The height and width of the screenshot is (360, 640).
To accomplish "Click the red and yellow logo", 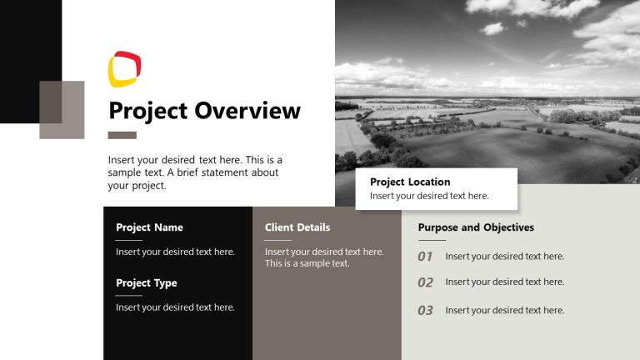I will click(x=125, y=70).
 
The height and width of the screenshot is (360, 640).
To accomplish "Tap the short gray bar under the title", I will click(x=122, y=135).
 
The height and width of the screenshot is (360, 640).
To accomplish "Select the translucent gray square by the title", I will click(x=62, y=109).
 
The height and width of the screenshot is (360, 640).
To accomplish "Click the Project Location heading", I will click(x=410, y=182).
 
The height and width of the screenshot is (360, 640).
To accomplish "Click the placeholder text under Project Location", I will click(x=429, y=196).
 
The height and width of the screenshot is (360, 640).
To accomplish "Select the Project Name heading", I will click(x=149, y=227).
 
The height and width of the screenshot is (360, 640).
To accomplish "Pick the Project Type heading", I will click(x=147, y=283).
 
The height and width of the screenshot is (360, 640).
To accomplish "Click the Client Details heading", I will click(x=297, y=227).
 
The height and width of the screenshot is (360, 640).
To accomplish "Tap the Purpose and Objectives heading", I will click(x=476, y=227).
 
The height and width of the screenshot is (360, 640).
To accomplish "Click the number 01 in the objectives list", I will click(x=425, y=257).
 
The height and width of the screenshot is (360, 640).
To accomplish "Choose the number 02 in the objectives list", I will click(x=425, y=282).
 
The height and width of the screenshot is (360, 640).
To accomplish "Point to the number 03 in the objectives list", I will click(x=425, y=310).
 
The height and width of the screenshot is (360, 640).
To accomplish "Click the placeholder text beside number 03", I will click(x=505, y=310).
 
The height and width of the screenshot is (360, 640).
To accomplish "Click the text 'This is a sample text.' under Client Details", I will click(x=307, y=263).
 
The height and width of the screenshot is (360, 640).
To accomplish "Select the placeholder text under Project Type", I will click(x=175, y=307).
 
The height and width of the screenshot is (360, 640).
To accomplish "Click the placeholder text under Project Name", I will click(x=175, y=252).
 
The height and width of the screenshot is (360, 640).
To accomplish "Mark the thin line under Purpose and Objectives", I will click(x=432, y=240).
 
